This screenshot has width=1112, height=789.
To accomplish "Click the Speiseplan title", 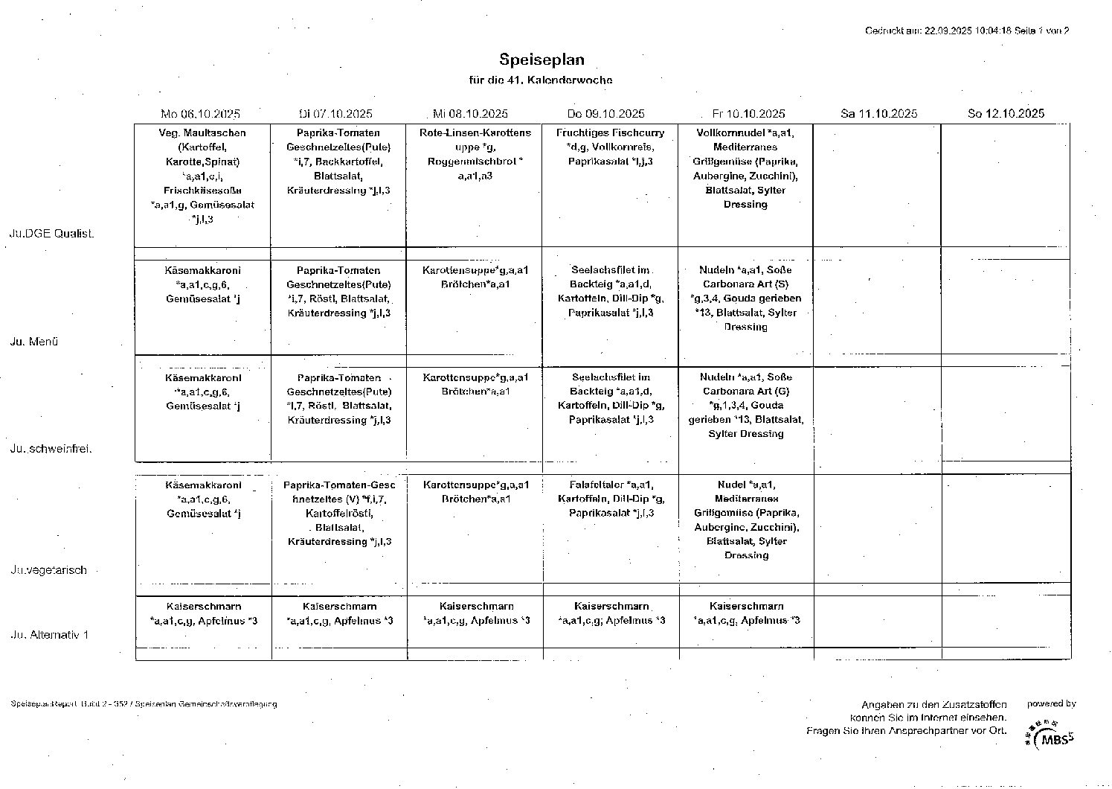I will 541,60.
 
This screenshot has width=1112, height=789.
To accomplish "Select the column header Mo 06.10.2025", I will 200,114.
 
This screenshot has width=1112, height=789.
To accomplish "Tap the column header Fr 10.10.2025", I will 748,114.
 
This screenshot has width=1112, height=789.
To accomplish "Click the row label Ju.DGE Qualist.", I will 51,234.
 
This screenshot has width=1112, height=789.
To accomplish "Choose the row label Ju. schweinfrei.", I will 51,449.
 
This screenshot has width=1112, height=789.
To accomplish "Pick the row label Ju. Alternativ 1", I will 49,635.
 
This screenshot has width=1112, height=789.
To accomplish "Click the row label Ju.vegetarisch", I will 49,570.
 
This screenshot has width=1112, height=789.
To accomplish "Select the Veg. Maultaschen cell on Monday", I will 202,176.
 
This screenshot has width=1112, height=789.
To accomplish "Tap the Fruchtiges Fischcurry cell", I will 610,147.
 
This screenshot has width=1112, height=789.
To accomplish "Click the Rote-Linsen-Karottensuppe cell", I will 475,154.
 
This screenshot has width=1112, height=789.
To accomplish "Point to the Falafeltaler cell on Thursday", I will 611,499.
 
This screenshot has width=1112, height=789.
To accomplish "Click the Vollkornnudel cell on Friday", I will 745,168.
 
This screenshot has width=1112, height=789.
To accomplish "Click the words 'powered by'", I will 1051,703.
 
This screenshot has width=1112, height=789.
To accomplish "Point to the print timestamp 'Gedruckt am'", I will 966,31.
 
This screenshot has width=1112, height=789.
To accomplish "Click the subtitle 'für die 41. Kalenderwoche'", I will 541,80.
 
